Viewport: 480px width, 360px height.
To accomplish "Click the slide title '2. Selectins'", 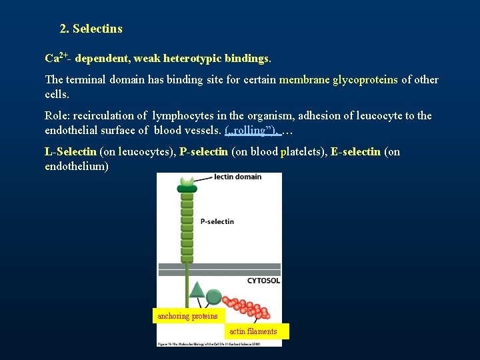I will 91,29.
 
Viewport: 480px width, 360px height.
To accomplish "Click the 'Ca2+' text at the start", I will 56,58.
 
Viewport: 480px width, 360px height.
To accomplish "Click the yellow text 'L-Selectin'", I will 71,151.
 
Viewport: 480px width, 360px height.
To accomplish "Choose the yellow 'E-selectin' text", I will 355,151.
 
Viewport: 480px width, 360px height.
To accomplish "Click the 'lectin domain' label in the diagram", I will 237,177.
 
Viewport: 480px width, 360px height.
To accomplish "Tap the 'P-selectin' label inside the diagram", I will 217,221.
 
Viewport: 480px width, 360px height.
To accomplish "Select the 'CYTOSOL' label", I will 263,281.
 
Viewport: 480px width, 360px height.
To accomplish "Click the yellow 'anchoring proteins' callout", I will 187,316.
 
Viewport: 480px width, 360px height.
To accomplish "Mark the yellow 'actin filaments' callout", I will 253,331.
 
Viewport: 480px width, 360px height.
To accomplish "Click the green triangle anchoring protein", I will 197,289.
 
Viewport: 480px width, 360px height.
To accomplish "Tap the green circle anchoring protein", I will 213,297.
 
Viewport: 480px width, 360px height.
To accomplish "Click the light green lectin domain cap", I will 187,180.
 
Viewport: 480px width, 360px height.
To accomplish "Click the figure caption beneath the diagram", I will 219,343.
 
